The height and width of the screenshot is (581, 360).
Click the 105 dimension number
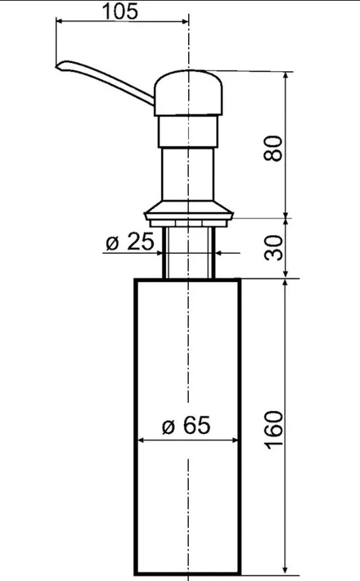point(120,11)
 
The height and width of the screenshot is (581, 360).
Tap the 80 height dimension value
point(273,148)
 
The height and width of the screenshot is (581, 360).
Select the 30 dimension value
point(274,248)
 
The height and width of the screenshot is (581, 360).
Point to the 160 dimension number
point(274,430)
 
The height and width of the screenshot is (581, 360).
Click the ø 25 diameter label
point(129,242)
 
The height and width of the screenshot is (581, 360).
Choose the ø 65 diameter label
point(186,425)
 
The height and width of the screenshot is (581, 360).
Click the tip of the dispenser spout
point(56,66)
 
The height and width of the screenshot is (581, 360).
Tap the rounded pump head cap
point(189,93)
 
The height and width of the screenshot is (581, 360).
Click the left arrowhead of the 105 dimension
point(59,21)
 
